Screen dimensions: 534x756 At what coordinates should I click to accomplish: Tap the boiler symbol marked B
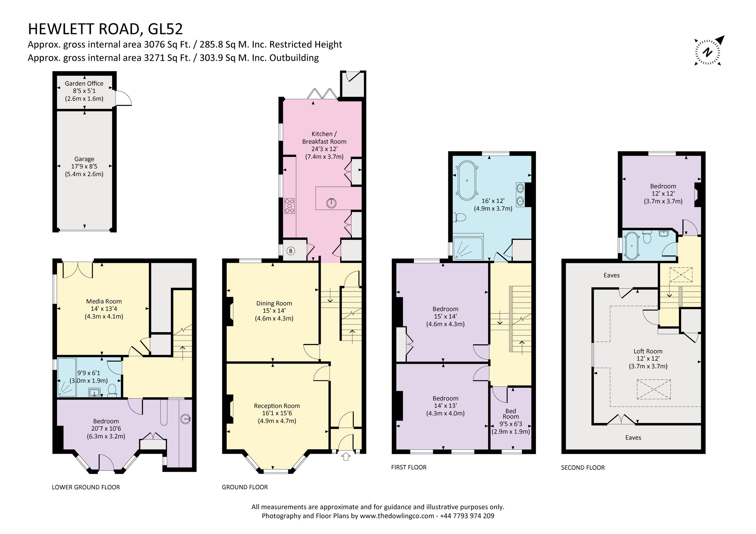click(x=290, y=251)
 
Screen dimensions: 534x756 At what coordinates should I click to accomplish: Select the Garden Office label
click(x=84, y=83)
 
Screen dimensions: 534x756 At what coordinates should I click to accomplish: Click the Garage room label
click(x=84, y=159)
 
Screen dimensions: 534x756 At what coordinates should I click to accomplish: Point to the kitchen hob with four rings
click(x=289, y=206)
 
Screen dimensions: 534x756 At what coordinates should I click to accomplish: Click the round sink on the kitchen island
click(x=331, y=203)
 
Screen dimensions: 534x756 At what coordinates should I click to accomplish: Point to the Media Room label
click(x=104, y=301)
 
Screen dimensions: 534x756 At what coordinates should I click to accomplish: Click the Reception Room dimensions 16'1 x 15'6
click(x=277, y=413)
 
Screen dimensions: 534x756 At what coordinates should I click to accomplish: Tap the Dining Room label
click(x=274, y=303)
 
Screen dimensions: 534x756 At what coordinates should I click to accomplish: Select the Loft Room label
click(x=648, y=351)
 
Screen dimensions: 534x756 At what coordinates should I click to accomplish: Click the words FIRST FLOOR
click(x=409, y=467)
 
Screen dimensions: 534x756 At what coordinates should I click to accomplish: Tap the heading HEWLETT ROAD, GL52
click(x=105, y=29)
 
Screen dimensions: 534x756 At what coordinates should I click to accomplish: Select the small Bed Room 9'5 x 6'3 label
click(x=510, y=414)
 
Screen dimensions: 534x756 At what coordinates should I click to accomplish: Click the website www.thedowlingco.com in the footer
click(x=397, y=516)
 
